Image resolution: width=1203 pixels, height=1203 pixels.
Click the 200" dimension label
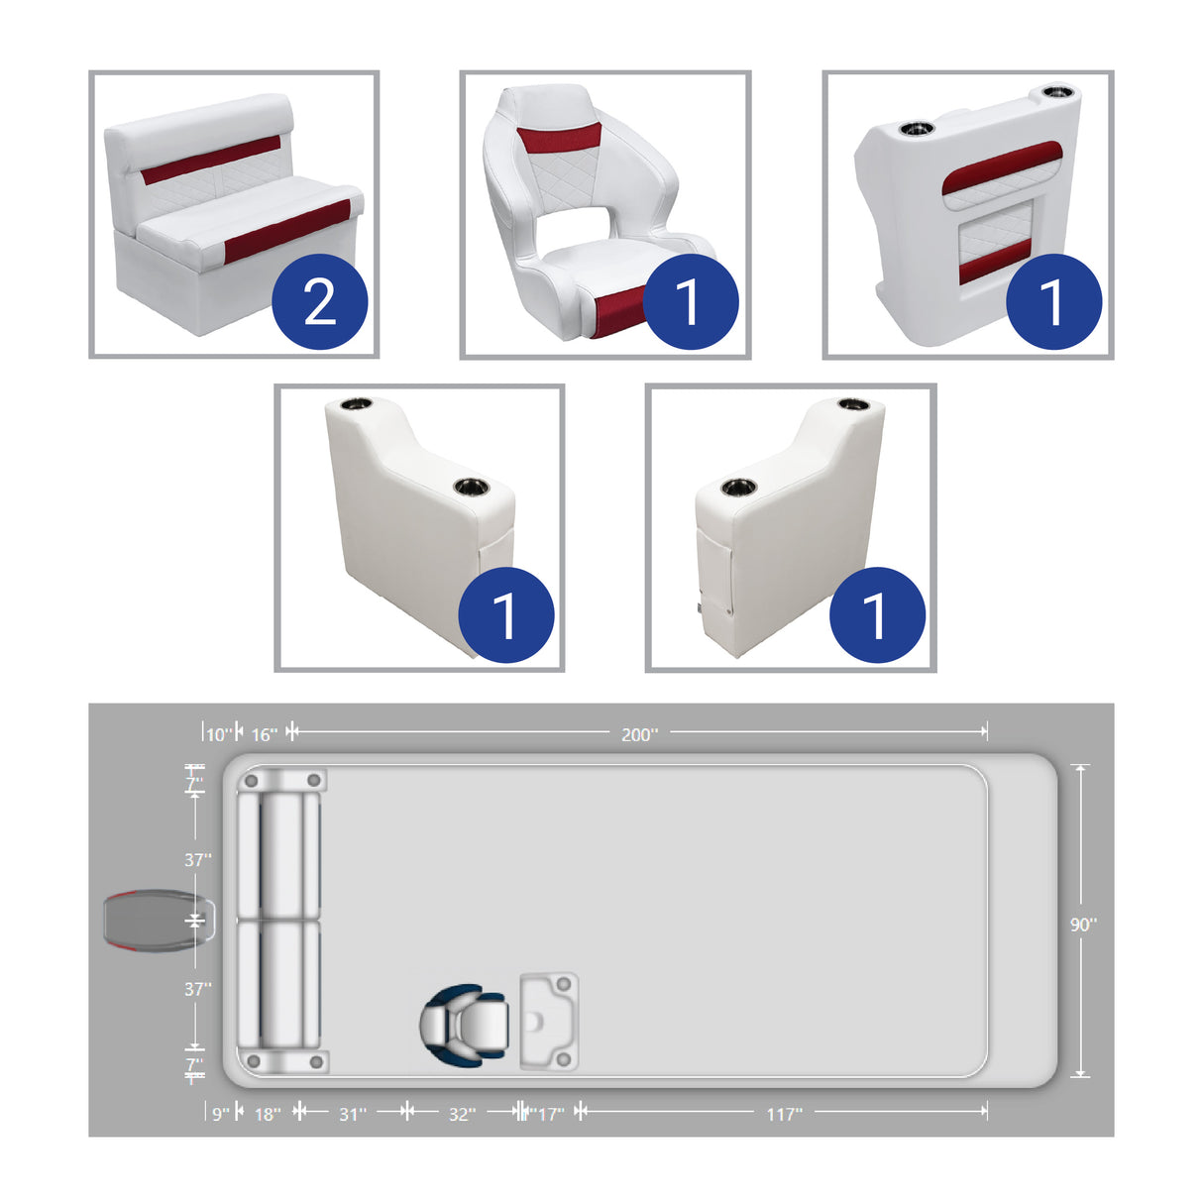pos(639,734)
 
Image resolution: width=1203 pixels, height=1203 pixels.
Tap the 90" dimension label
pos(1083,925)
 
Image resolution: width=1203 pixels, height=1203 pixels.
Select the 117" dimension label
pos(784,1115)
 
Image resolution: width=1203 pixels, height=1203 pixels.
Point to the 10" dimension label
pos(218,734)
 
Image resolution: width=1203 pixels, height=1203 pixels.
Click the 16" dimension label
pos(264,734)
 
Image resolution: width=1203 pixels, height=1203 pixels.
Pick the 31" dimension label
pos(353,1115)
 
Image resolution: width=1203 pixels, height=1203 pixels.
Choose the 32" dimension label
pos(462,1115)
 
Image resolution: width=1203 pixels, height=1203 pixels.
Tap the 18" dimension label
pos(268,1115)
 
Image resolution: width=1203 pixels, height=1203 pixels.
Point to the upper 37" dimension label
pos(197,860)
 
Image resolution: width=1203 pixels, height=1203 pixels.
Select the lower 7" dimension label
pos(194,1065)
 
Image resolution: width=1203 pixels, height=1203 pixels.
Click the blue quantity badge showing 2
pos(319,302)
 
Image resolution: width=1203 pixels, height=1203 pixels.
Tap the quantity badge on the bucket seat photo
pos(691,302)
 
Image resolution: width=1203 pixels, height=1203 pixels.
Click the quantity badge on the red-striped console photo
pos(1053,302)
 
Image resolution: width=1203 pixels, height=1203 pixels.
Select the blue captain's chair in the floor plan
pos(464,1024)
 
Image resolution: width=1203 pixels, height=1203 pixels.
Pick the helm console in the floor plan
pos(549,1022)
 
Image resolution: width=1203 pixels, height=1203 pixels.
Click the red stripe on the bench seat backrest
pos(210,161)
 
